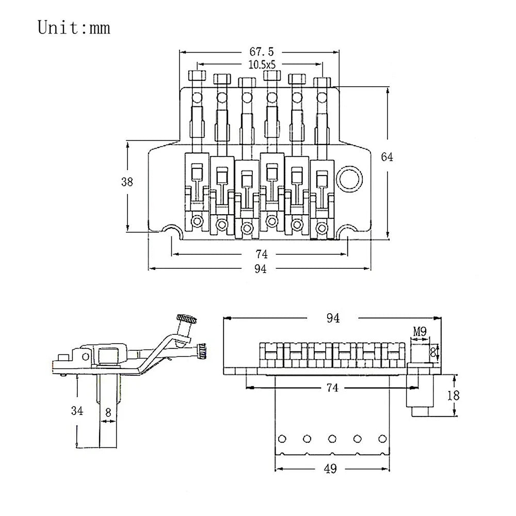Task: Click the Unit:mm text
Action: pyautogui.click(x=74, y=27)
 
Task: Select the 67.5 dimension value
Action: pyautogui.click(x=261, y=52)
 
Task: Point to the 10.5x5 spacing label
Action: pyautogui.click(x=261, y=64)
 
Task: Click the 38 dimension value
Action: pyautogui.click(x=127, y=182)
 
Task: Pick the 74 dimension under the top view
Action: pyautogui.click(x=261, y=254)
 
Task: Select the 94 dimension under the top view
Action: pyautogui.click(x=261, y=269)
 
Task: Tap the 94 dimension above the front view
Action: pyautogui.click(x=333, y=318)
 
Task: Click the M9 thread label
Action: pyautogui.click(x=419, y=332)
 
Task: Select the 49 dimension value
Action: pyautogui.click(x=331, y=469)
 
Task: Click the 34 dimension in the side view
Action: pyautogui.click(x=77, y=411)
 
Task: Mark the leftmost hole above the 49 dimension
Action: pyautogui.click(x=282, y=439)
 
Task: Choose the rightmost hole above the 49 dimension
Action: pyautogui.click(x=381, y=439)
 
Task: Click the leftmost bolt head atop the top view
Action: pyautogui.click(x=197, y=76)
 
